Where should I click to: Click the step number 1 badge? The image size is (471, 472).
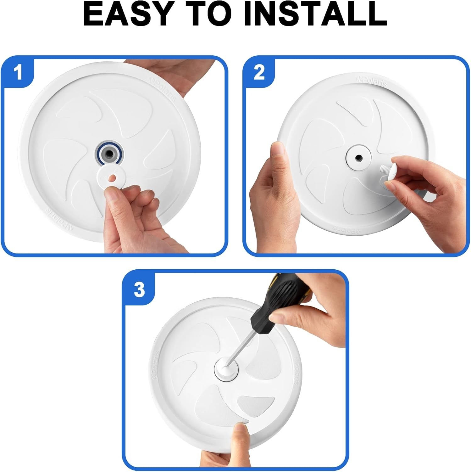19,73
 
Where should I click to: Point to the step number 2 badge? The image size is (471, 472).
259,73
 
